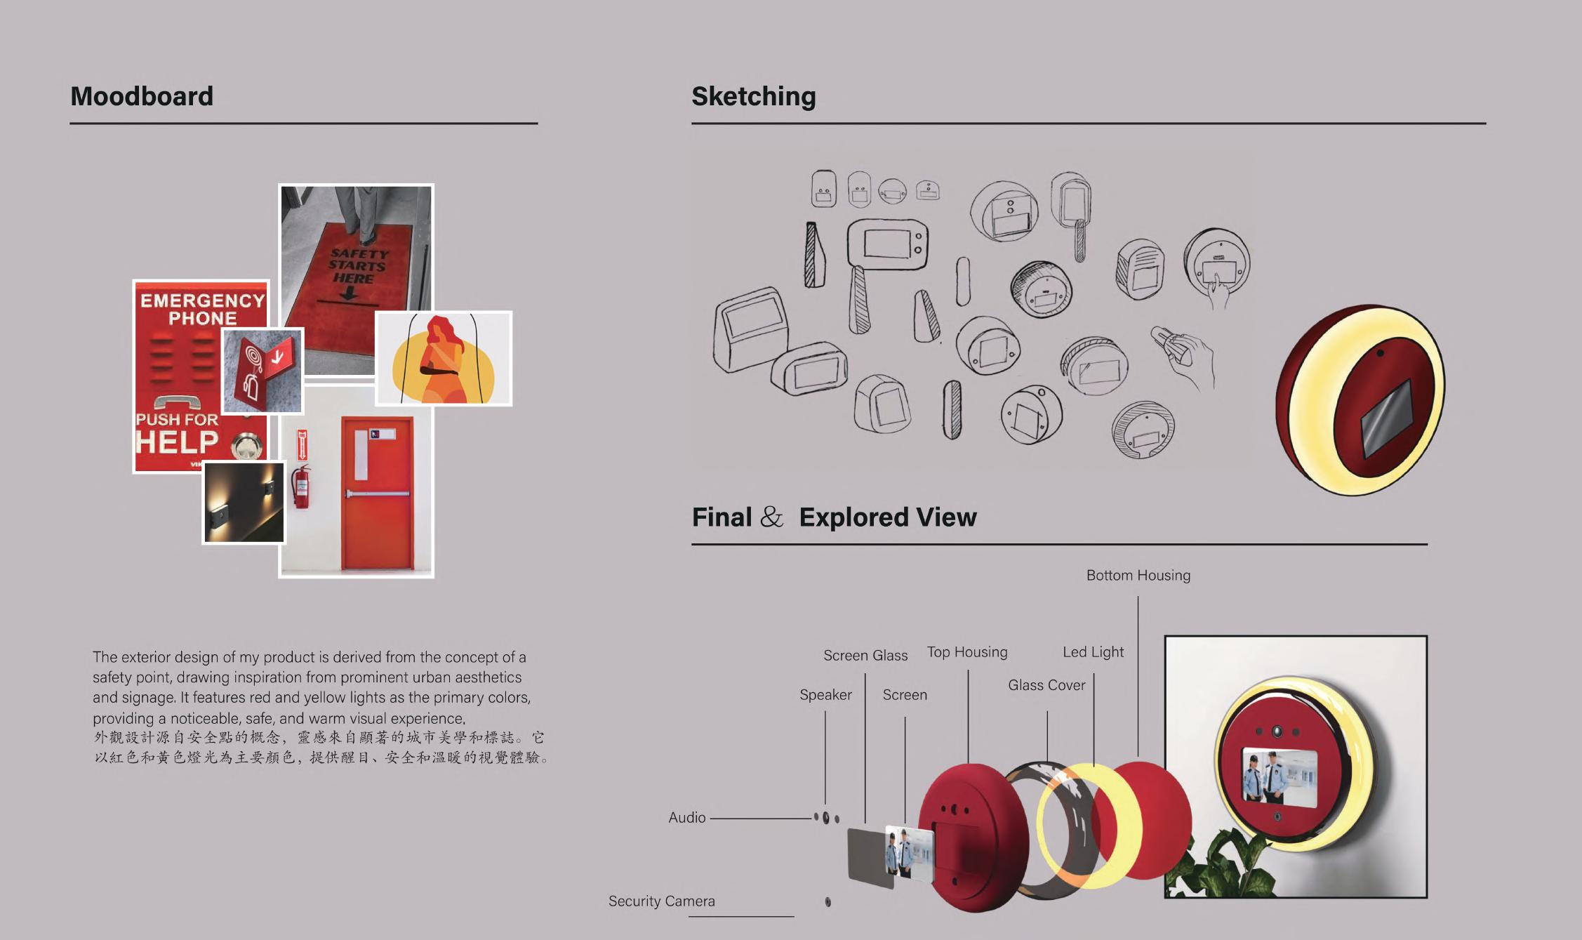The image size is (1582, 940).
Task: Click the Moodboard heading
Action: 142,96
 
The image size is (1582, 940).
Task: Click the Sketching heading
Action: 753,96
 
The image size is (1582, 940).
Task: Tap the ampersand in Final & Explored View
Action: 771,517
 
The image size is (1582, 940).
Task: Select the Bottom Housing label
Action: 1138,575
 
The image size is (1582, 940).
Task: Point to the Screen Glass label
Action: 865,655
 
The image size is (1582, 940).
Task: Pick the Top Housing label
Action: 966,652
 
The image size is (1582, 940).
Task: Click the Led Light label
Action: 1093,652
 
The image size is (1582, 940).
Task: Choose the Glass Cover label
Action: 1046,685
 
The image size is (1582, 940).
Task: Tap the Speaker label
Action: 825,694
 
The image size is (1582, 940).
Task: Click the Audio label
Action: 686,817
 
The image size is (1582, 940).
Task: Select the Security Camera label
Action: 661,901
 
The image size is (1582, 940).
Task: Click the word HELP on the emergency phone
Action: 177,442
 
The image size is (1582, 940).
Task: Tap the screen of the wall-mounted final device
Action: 1279,774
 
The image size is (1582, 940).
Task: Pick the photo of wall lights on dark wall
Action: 244,502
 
